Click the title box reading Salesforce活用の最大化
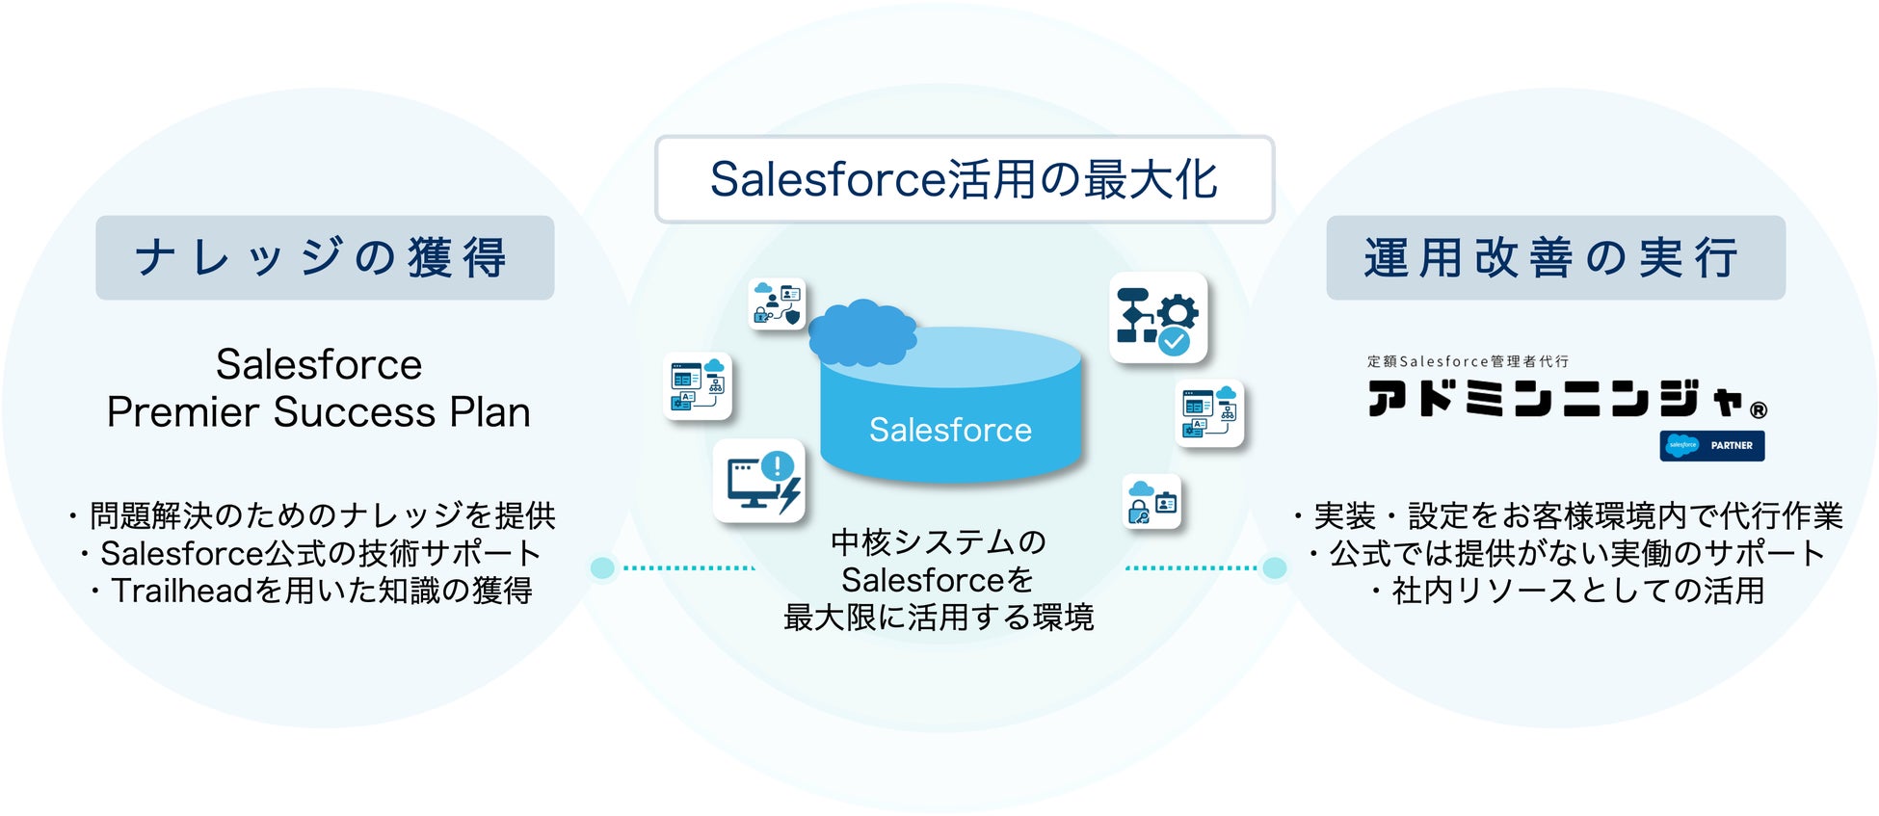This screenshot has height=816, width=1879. [x=964, y=179]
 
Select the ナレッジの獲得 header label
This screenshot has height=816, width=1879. [x=325, y=257]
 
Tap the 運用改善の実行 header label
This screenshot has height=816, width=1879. [x=1555, y=257]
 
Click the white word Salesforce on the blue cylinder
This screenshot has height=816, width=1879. [x=950, y=430]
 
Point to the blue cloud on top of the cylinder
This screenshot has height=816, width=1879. [x=861, y=330]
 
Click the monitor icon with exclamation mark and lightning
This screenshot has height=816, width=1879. [x=759, y=481]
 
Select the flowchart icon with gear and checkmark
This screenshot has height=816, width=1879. [x=1158, y=317]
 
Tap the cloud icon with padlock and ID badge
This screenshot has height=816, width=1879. [x=1152, y=502]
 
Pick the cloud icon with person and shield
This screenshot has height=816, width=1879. [x=777, y=303]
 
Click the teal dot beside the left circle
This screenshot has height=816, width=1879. [x=602, y=567]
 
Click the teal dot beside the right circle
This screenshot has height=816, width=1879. [x=1274, y=567]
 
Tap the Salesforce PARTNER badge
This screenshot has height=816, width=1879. [x=1712, y=445]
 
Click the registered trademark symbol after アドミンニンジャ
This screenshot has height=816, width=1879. [x=1759, y=410]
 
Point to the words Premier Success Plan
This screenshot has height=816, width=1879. [x=319, y=412]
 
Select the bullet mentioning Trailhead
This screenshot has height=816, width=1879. [x=311, y=591]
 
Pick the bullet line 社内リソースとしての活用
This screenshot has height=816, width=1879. [x=1568, y=591]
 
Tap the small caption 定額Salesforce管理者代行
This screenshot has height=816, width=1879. [x=1468, y=361]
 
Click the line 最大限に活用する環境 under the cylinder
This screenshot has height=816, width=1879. [x=939, y=618]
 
